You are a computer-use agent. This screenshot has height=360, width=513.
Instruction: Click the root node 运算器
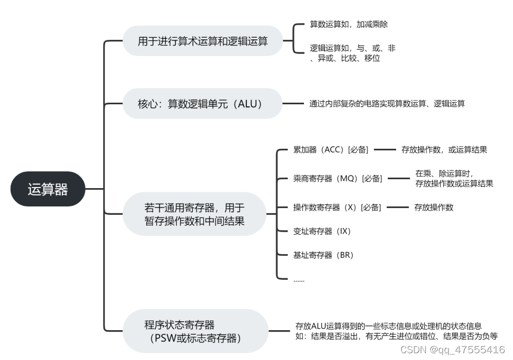tap(48, 189)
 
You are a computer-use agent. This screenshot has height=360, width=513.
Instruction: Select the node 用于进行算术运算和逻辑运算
tap(203, 41)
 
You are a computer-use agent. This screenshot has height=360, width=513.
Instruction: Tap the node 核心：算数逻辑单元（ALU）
tap(203, 103)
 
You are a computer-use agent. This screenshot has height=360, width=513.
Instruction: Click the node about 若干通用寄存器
tap(194, 214)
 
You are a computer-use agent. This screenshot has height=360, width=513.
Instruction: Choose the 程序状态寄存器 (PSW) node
tap(194, 331)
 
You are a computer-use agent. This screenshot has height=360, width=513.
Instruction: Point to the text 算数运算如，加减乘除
tap(348, 24)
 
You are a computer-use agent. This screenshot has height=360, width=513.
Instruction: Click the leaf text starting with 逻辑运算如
tap(352, 53)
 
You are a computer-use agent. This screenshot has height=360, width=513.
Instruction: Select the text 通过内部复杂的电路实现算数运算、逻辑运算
tap(387, 103)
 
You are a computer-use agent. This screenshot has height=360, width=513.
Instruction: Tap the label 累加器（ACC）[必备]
tap(331, 149)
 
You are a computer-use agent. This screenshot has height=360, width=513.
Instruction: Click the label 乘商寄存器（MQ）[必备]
tap(337, 178)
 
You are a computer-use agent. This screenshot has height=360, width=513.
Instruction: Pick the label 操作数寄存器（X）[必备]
tap(337, 207)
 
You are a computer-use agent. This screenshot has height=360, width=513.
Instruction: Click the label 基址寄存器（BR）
tap(323, 255)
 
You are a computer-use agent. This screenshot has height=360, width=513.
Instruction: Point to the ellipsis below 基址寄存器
tap(299, 280)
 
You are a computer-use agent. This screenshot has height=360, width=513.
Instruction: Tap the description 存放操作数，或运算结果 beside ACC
tap(444, 149)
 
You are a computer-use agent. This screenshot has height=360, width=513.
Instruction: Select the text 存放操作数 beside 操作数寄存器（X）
tap(433, 207)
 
